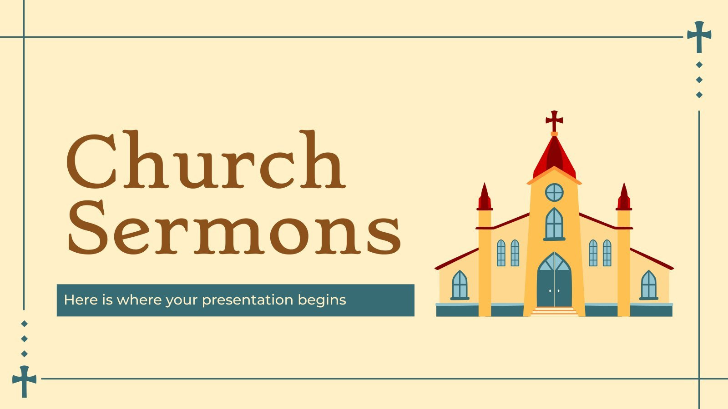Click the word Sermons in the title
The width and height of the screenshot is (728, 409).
tap(234, 227)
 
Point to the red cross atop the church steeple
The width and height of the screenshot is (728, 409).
tap(554, 120)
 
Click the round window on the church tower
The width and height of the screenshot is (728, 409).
tap(554, 192)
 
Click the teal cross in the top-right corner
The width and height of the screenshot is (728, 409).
tap(699, 36)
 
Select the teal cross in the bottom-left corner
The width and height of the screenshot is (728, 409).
tap(25, 381)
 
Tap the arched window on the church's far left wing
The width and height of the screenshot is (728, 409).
tap(460, 285)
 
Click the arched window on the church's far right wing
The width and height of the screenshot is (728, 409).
tap(648, 285)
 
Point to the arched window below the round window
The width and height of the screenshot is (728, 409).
tap(554, 224)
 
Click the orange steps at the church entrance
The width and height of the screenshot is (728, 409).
tap(554, 311)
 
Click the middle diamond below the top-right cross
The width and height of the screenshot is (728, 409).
tap(699, 80)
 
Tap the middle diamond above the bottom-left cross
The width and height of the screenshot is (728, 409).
tap(25, 339)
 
